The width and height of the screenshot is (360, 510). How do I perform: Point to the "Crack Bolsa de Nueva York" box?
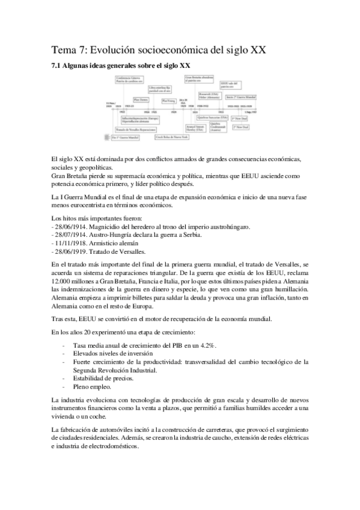[x=173, y=137]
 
